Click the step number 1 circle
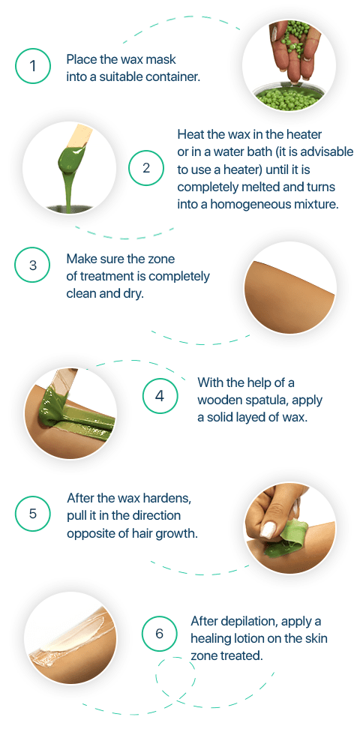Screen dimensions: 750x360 [32, 65]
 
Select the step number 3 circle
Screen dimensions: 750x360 [32, 265]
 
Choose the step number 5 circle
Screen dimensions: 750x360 [32, 514]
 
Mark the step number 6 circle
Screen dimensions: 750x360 [159, 634]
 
